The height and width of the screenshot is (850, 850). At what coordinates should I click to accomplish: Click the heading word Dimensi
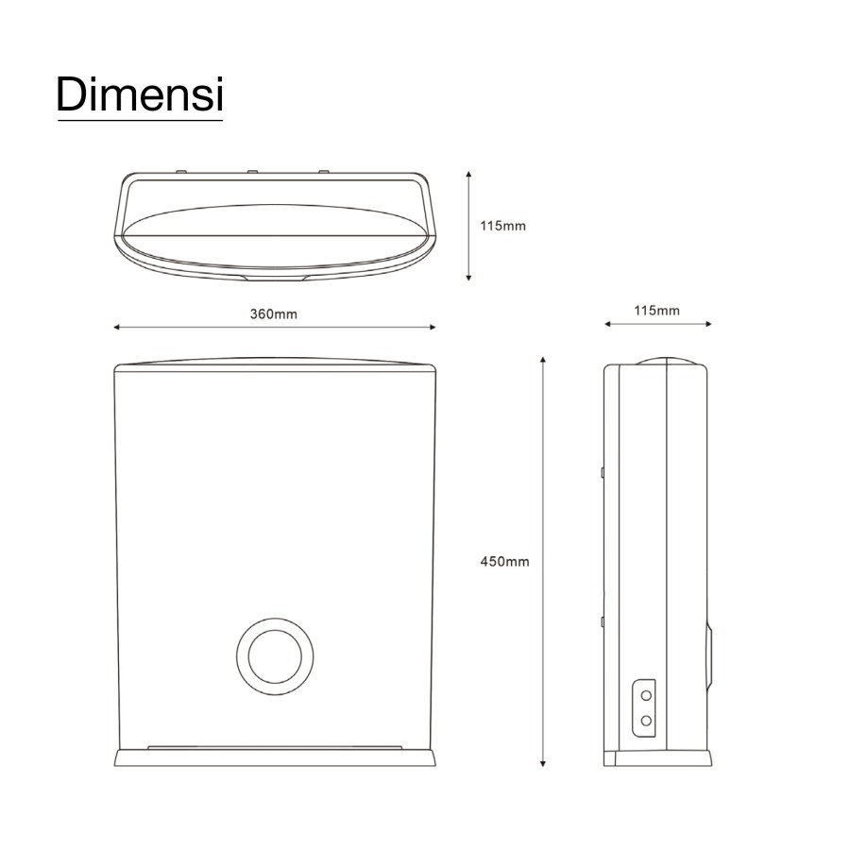pos(140,94)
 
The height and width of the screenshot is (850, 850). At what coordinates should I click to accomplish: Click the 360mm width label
pos(274,314)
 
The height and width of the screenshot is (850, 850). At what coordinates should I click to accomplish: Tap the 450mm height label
pos(504,562)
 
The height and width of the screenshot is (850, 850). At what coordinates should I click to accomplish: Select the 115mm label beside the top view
pos(502,226)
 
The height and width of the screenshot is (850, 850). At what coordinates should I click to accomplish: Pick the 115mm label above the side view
pos(657,311)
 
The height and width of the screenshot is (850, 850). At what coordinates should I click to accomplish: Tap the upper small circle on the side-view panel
pos(646,695)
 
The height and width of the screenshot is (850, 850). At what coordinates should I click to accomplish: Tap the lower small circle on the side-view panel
pos(646,721)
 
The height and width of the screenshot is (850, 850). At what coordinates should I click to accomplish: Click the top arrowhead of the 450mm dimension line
pos(543,360)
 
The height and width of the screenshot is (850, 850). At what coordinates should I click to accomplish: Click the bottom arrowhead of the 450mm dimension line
pos(543,764)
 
